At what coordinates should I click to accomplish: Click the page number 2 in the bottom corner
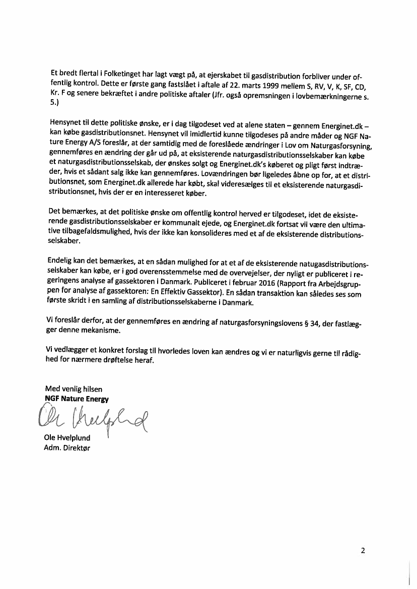click(x=363, y=550)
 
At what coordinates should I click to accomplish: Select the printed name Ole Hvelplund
click(x=67, y=438)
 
